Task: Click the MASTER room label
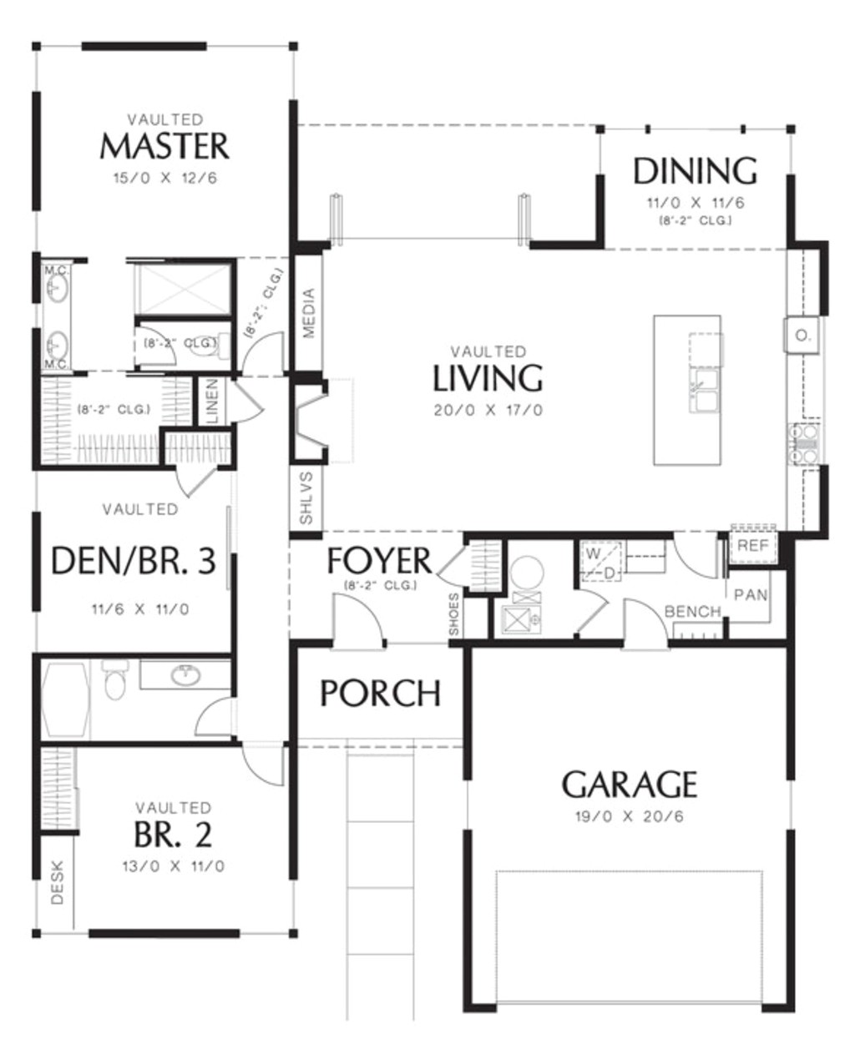(x=164, y=146)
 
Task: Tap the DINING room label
(x=695, y=171)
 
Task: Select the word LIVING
(x=488, y=378)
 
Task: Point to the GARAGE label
(x=629, y=785)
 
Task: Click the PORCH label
(x=381, y=694)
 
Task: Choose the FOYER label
(x=379, y=561)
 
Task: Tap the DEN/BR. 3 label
(x=134, y=562)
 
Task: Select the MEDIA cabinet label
(x=308, y=313)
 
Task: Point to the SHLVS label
(x=306, y=498)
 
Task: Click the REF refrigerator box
(x=753, y=546)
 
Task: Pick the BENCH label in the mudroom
(x=692, y=612)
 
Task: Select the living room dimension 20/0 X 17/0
(x=488, y=411)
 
